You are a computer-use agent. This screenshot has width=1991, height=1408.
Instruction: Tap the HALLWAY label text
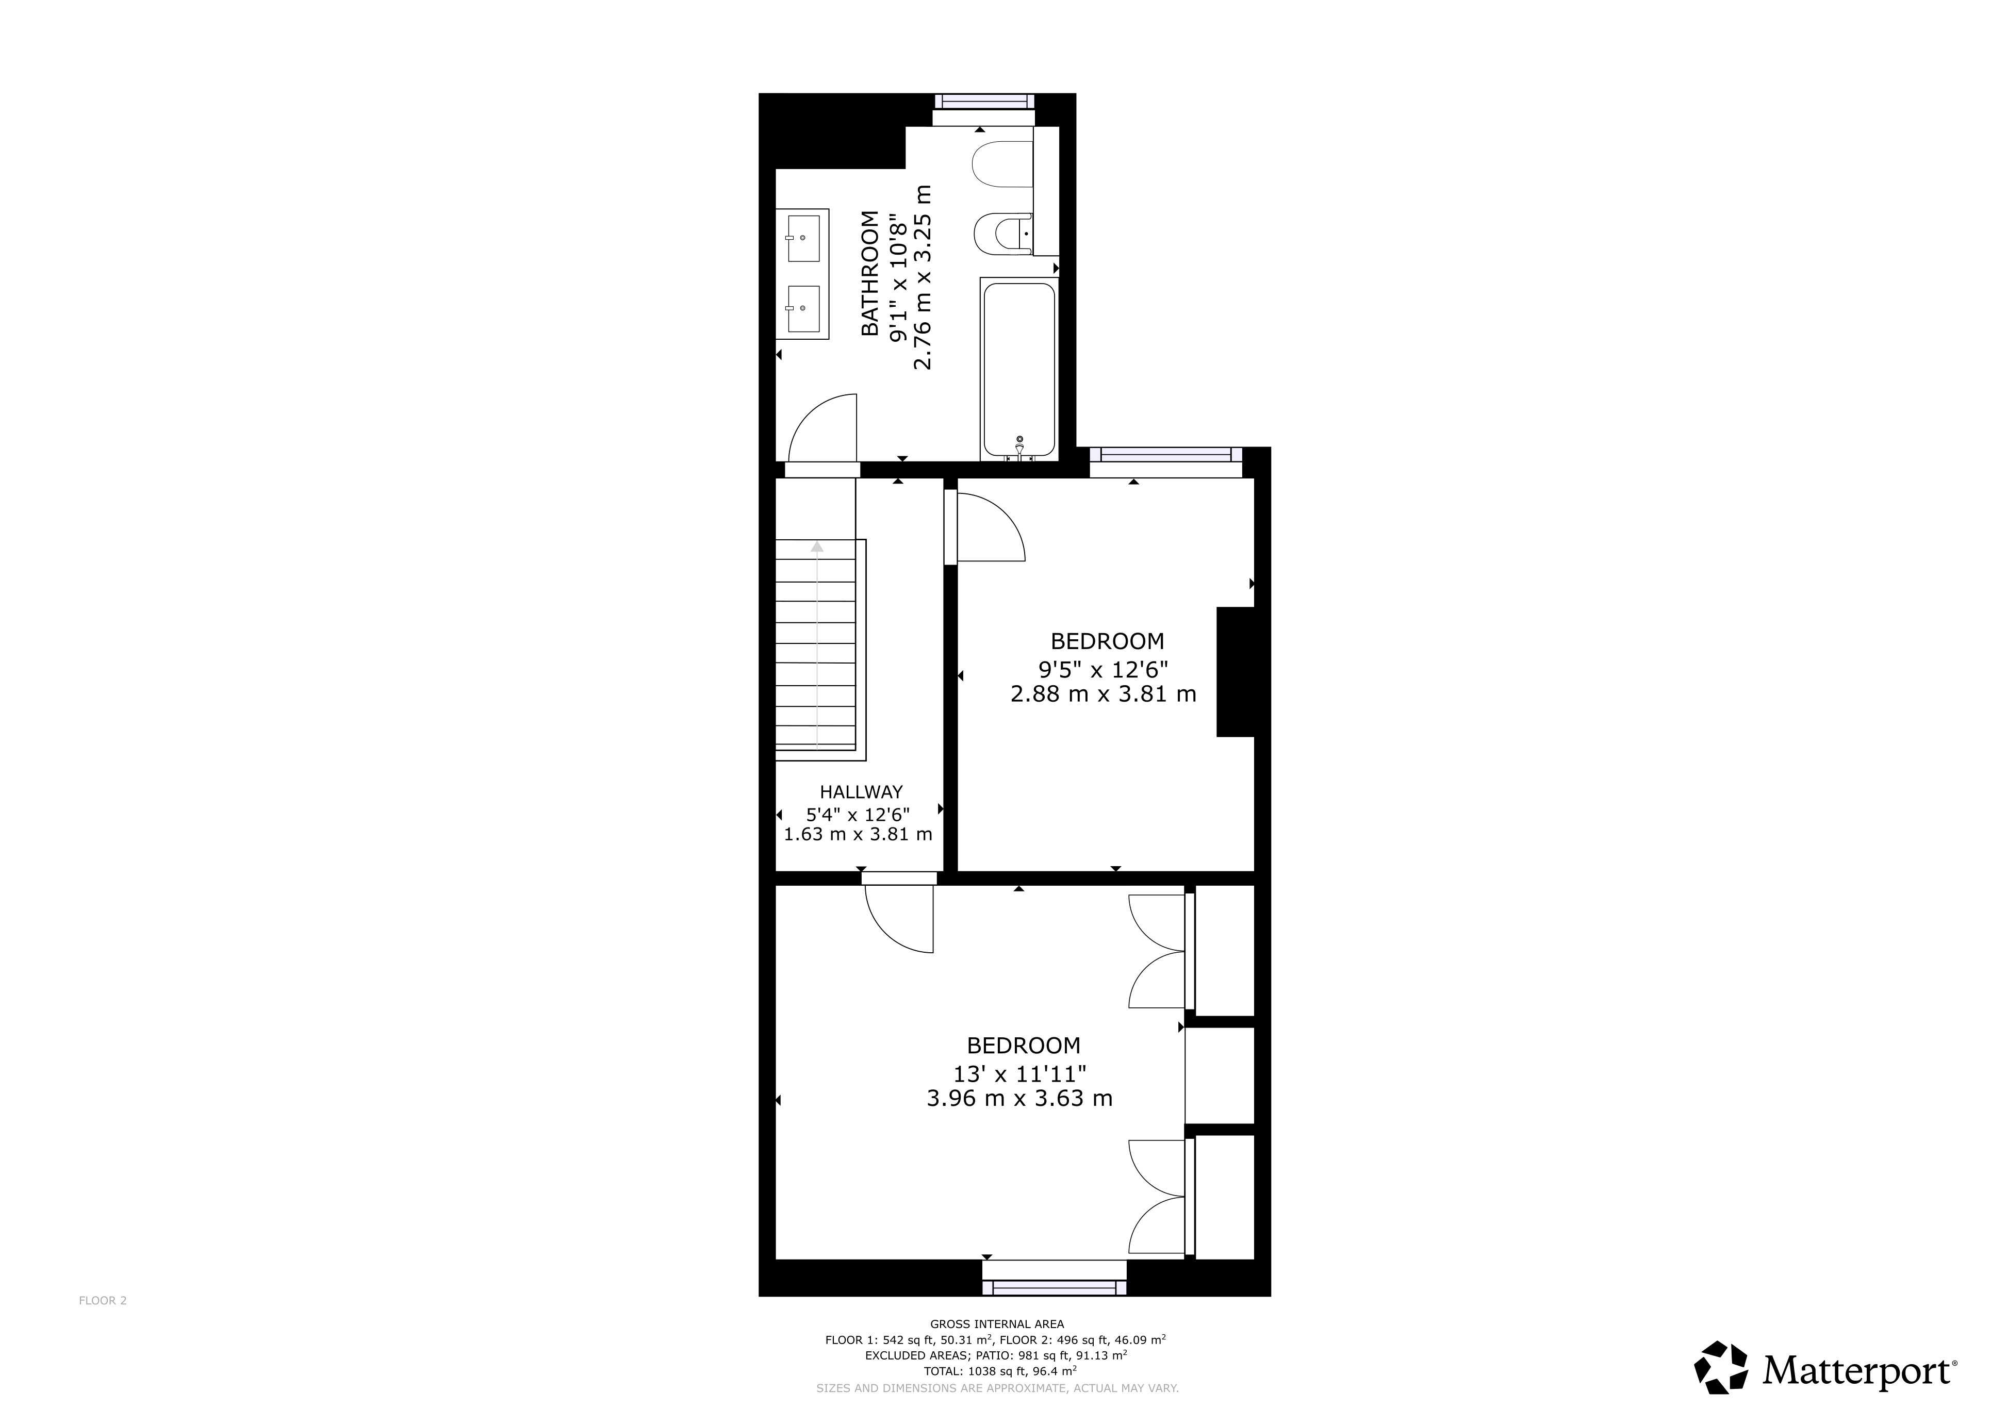tap(861, 791)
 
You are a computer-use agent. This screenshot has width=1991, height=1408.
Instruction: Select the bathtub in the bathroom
tap(1019, 369)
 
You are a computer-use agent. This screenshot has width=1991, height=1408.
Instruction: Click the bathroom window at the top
tap(984, 102)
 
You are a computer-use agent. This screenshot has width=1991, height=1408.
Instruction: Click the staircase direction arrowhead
tap(817, 546)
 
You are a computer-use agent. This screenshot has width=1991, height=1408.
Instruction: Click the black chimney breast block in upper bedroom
tap(1236, 672)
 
